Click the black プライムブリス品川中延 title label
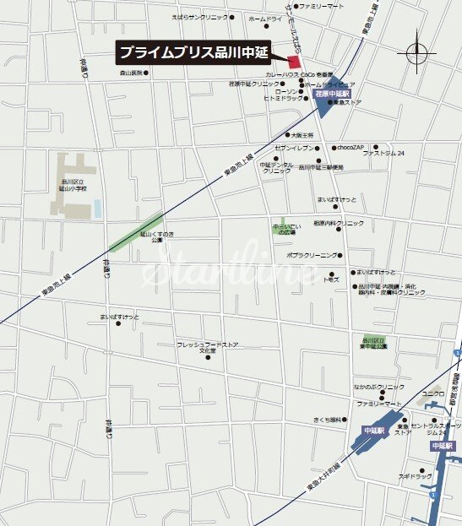point(193,52)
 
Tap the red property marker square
point(295,62)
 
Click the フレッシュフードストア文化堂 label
point(208,347)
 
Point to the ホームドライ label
point(264,18)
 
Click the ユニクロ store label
point(432,393)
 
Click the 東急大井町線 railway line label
point(324,479)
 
